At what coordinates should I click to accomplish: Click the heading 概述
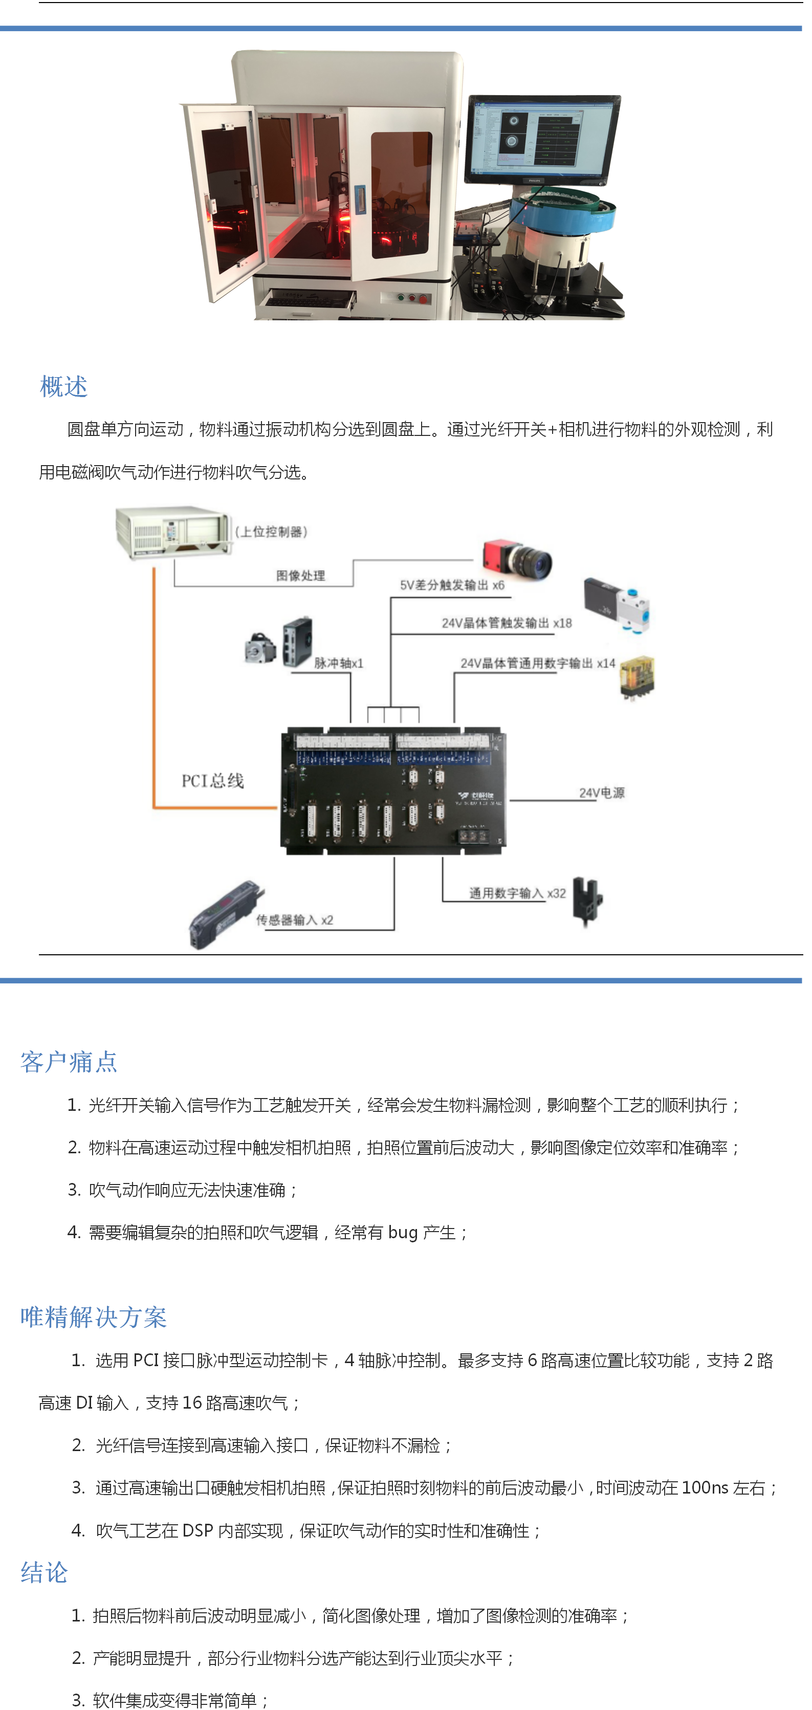pos(64,386)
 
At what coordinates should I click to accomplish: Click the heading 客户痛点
pos(69,1061)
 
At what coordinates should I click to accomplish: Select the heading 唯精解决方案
pos(94,1317)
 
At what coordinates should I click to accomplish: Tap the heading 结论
pos(45,1572)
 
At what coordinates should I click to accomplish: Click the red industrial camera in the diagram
pos(517,558)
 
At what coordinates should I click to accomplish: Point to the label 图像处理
pos(301,576)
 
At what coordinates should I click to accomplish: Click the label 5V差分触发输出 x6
pos(452,585)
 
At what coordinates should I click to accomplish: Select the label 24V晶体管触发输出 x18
pos(507,623)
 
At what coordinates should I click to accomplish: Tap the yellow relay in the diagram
pos(637,676)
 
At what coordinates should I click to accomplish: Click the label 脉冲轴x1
pos(339,663)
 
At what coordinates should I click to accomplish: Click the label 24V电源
pos(602,793)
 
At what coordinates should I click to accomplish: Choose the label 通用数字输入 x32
pos(518,893)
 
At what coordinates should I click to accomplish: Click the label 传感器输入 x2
pos(295,919)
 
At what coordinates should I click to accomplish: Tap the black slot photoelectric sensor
pos(588,900)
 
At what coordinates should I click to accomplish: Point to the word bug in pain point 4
pos(403,1233)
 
